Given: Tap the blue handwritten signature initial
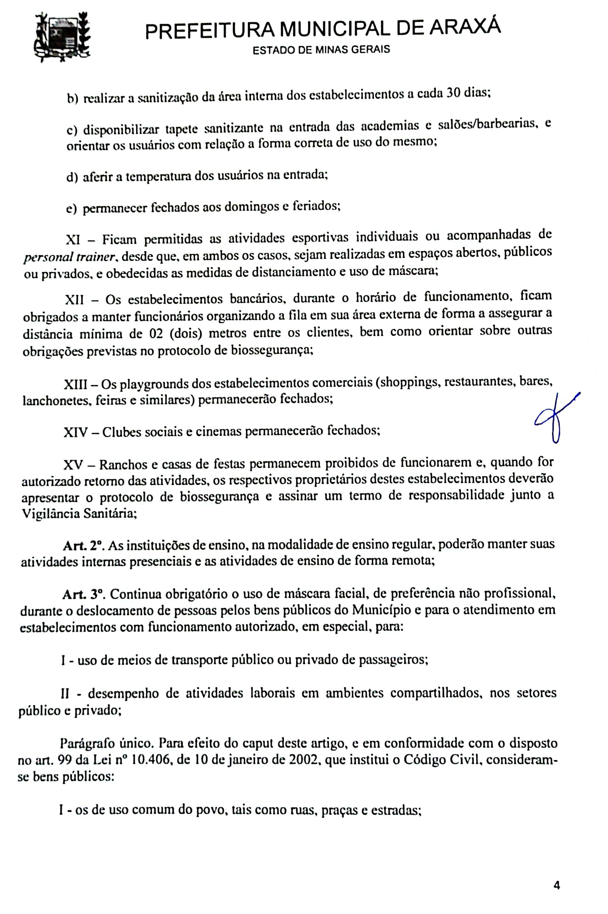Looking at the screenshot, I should [x=555, y=418].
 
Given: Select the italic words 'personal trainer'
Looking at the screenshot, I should [x=69, y=257].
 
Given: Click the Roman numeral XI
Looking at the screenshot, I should [x=73, y=240].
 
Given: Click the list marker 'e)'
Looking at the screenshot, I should [x=72, y=209].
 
